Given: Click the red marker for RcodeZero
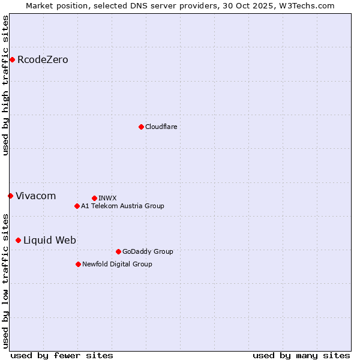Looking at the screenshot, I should click(x=12, y=59).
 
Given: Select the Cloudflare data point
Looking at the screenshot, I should click(x=141, y=127).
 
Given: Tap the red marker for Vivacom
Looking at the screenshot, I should click(x=10, y=196).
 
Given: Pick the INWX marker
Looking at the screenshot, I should click(x=94, y=198).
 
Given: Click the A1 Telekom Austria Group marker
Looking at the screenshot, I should click(x=77, y=206).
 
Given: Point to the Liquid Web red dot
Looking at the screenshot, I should click(x=18, y=240).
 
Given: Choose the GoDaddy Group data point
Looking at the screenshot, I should click(x=118, y=251).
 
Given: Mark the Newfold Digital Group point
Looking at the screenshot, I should click(x=78, y=264).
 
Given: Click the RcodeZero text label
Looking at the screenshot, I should click(x=43, y=59).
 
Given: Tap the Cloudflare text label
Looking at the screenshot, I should click(x=161, y=127).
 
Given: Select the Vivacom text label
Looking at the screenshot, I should click(x=35, y=196).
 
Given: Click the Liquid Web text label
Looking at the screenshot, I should click(x=50, y=240).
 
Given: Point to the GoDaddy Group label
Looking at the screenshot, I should click(x=148, y=251).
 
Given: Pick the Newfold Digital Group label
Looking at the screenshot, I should click(x=117, y=264).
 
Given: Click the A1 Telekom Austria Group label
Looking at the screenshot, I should click(x=122, y=206).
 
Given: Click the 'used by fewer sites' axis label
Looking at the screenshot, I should click(x=62, y=355).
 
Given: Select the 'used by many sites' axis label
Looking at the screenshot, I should click(x=301, y=355).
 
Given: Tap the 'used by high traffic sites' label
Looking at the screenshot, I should click(x=5, y=85).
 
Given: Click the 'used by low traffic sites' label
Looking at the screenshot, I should click(x=5, y=281).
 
